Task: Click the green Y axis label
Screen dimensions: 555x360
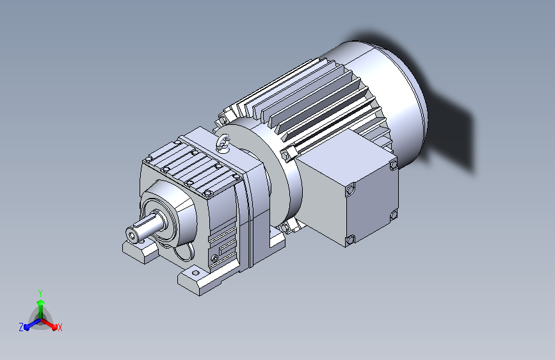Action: click(x=40, y=293)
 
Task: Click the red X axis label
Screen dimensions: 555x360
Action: click(x=60, y=327)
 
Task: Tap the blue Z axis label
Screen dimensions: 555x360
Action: click(x=21, y=327)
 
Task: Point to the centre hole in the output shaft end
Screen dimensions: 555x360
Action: click(x=132, y=235)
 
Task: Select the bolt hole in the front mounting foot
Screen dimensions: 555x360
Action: click(x=195, y=273)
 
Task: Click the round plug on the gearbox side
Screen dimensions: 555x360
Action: click(x=214, y=258)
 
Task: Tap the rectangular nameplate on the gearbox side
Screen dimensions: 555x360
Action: click(x=227, y=247)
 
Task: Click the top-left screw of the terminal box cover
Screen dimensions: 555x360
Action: click(x=350, y=189)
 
